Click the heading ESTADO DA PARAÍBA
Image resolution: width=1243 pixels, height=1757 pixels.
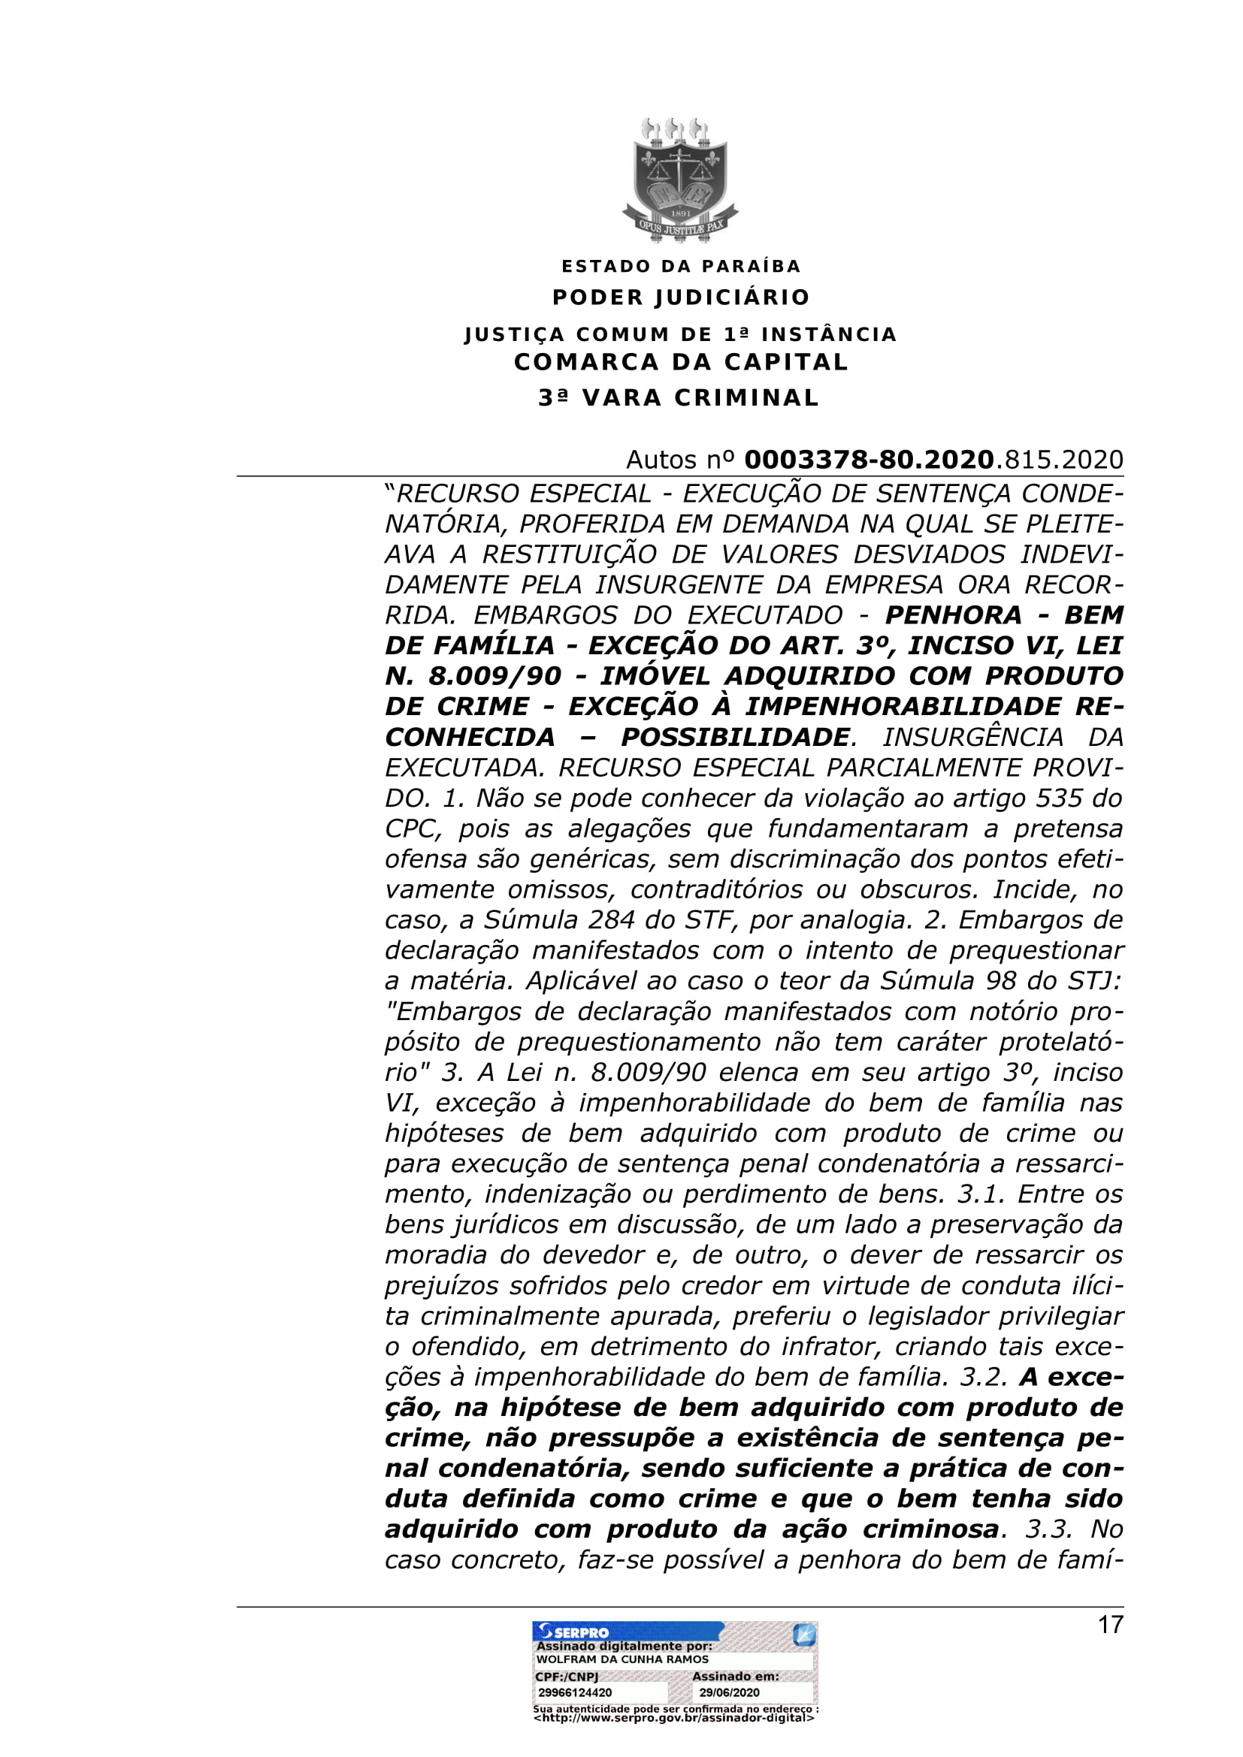click(x=681, y=267)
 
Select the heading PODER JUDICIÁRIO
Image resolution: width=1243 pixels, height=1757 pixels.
click(x=681, y=297)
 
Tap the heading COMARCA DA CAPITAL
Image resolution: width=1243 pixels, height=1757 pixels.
click(x=681, y=362)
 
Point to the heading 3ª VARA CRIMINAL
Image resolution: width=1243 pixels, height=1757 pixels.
click(x=679, y=398)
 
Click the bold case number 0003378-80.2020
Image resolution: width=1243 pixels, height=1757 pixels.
click(x=869, y=460)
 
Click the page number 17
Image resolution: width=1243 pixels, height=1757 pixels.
click(x=1110, y=1624)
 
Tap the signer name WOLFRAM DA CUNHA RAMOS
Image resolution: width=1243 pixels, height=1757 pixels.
click(x=622, y=1659)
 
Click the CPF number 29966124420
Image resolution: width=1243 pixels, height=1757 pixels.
click(x=575, y=1692)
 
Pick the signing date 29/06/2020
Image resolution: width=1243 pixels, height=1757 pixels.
click(x=730, y=1692)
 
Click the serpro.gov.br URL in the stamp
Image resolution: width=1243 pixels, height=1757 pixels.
click(x=673, y=1718)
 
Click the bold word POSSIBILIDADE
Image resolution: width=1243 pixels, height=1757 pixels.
click(x=735, y=737)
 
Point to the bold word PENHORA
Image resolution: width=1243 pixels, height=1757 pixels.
click(x=953, y=615)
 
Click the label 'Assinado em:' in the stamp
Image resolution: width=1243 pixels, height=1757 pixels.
click(x=736, y=1676)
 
